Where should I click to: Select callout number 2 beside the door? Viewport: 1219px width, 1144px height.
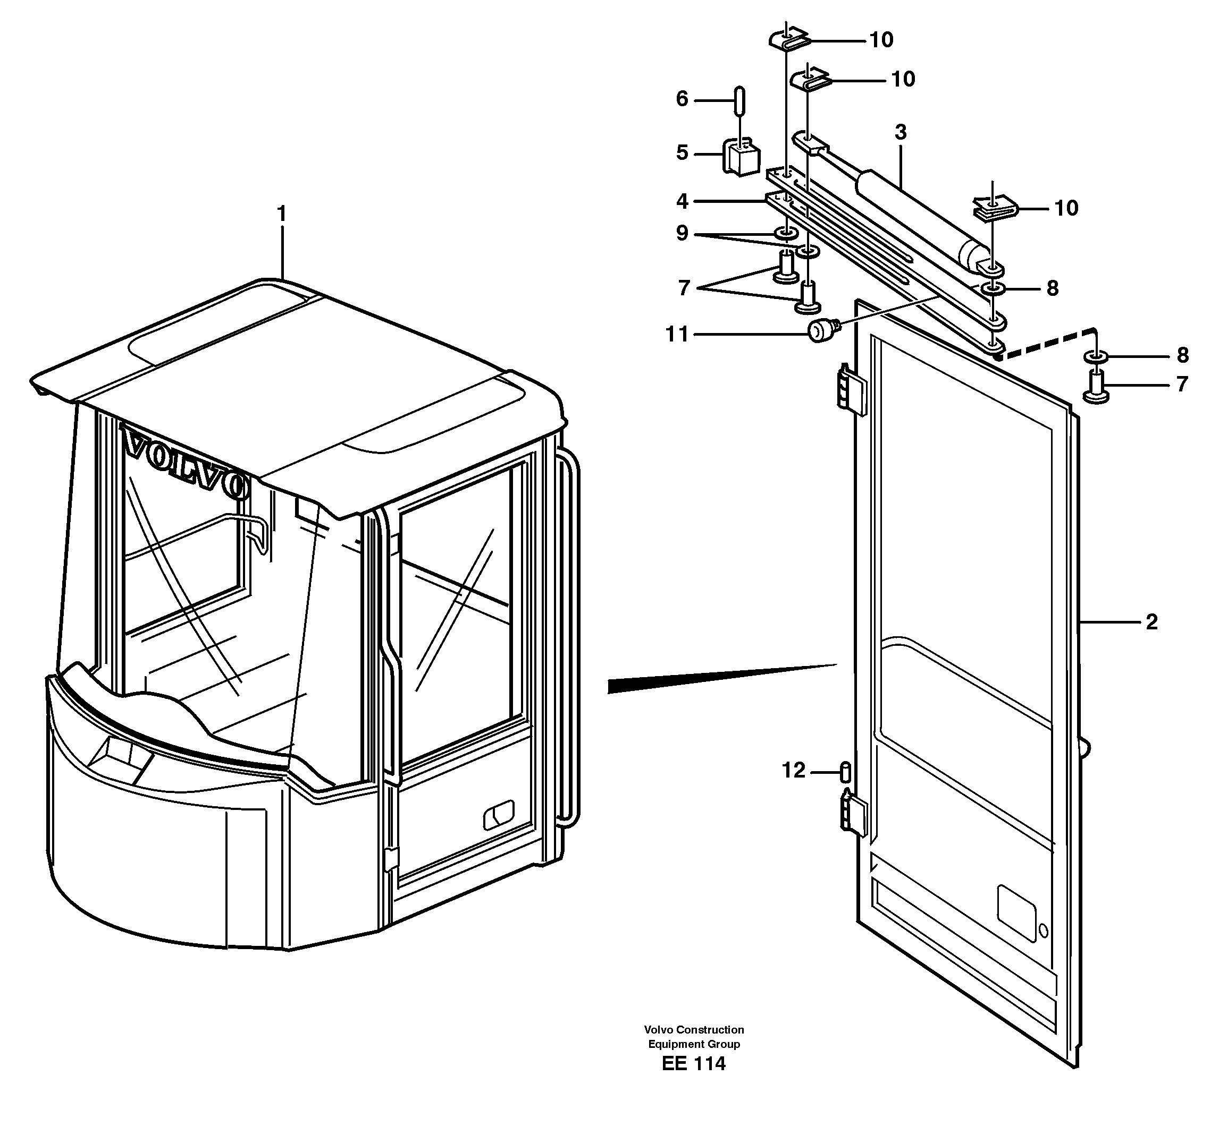click(1151, 622)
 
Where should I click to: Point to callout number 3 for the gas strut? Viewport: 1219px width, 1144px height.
click(900, 132)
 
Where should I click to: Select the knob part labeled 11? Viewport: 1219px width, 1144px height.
click(820, 331)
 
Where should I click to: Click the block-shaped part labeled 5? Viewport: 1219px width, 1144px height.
click(741, 158)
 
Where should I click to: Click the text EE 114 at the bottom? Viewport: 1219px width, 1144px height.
click(694, 1064)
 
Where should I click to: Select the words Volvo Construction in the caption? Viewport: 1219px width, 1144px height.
click(694, 1030)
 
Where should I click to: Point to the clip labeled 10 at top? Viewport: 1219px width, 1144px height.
click(789, 41)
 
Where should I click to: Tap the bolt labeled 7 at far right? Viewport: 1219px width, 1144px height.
click(1096, 390)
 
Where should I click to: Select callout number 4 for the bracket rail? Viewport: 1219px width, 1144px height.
click(682, 201)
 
